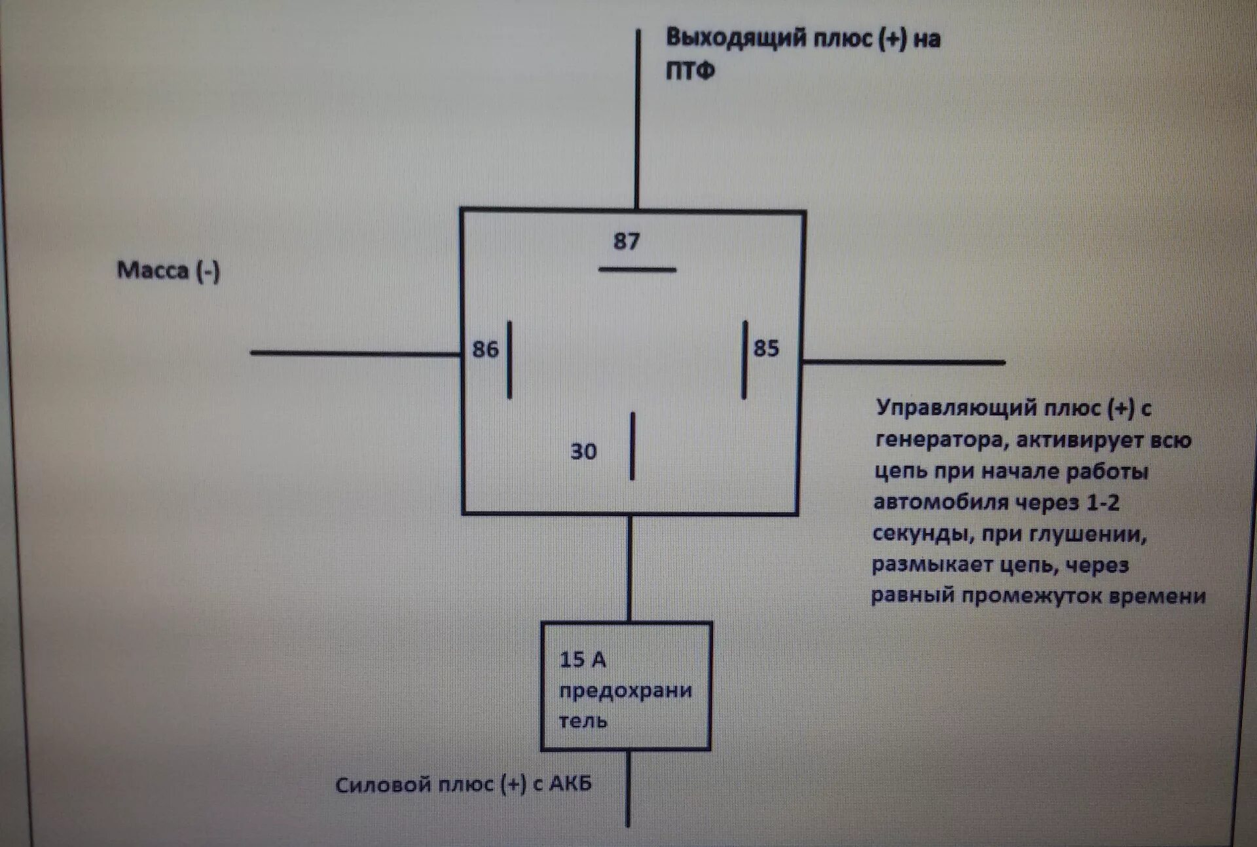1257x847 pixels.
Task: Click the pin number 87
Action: tap(626, 241)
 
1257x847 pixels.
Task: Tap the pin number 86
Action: tap(485, 349)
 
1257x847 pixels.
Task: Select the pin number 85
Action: tap(766, 348)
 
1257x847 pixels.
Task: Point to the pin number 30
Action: tap(583, 451)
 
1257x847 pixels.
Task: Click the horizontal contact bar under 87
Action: tap(637, 269)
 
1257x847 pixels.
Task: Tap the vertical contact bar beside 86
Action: tap(509, 360)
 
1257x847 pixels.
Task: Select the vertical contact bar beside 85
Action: tap(744, 360)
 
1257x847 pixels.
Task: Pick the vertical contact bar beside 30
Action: tap(632, 446)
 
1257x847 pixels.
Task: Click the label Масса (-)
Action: tap(168, 270)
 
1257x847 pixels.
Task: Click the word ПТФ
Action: tap(690, 70)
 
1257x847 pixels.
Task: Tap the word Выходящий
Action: tap(736, 38)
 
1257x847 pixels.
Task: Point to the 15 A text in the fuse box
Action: tap(582, 660)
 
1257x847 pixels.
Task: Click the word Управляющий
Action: tap(956, 408)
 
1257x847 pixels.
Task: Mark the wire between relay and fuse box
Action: tap(630, 568)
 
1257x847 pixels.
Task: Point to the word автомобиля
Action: tap(941, 502)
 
